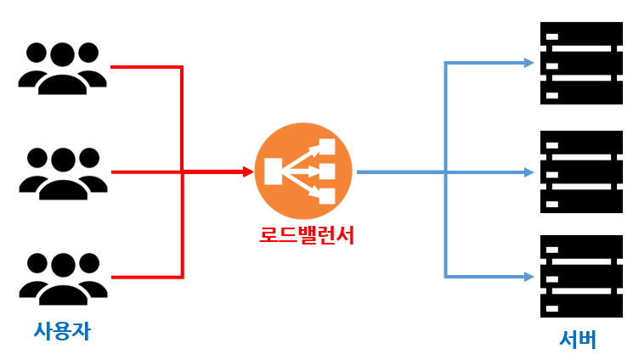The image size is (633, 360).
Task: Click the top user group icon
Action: [62, 67]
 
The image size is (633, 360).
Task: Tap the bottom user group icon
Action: [62, 277]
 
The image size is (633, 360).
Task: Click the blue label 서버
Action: [578, 340]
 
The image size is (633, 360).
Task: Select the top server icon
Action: [581, 64]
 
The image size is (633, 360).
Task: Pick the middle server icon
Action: [581, 172]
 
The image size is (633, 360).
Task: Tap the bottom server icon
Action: [581, 277]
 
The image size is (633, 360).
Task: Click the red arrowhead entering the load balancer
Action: [248, 172]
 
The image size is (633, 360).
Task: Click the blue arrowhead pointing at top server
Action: [528, 63]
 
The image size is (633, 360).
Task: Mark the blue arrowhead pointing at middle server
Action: [528, 172]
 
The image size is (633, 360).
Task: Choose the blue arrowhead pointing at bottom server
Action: [528, 276]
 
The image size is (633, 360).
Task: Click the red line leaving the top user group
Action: [144, 67]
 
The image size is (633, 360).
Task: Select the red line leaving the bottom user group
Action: [144, 277]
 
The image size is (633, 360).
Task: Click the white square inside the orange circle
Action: [274, 172]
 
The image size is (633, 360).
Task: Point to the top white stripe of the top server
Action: [581, 36]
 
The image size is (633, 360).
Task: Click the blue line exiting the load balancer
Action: [399, 172]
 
